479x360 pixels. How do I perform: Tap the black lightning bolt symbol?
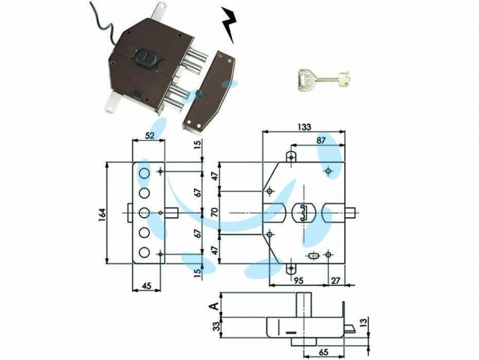pos(230,25)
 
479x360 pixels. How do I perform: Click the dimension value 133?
pos(304,126)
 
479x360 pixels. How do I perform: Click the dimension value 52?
pos(149,135)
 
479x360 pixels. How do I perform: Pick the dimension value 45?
pos(147,286)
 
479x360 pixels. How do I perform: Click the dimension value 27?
pos(335,281)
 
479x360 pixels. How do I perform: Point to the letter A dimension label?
pos(216,305)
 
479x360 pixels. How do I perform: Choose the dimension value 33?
pos(216,327)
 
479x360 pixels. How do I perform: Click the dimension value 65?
pos(323,352)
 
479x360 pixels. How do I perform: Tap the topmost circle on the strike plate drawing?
pos(144,174)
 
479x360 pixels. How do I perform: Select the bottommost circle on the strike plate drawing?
pos(144,253)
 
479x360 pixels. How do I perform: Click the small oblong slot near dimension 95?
pos(313,254)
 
